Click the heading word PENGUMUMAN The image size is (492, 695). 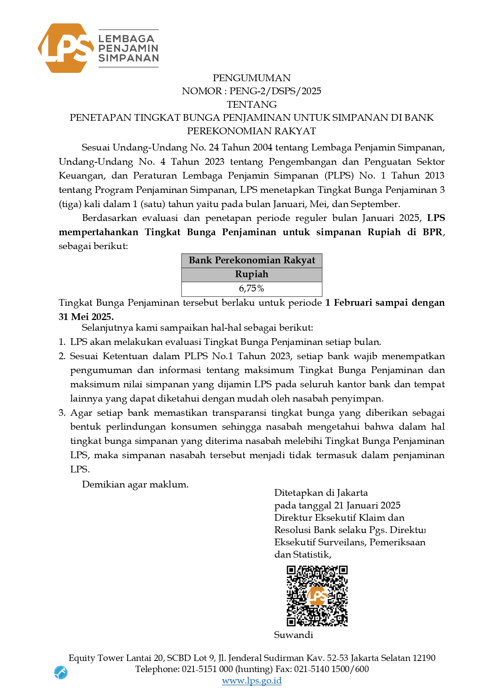click(x=252, y=78)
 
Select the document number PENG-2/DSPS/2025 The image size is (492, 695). click(x=275, y=91)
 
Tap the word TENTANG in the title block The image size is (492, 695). click(x=252, y=105)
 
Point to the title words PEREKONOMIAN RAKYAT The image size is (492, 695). click(x=252, y=131)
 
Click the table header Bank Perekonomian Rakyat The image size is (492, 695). click(x=252, y=260)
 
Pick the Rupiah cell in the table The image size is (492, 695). click(x=252, y=274)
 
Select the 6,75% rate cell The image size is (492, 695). click(x=252, y=289)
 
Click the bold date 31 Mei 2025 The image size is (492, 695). click(x=86, y=317)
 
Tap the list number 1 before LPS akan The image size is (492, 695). click(x=61, y=342)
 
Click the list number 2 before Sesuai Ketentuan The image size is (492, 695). click(x=61, y=356)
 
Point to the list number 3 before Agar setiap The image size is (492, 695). click(x=61, y=413)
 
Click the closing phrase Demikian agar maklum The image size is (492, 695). click(x=135, y=484)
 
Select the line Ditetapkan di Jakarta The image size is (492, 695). click(x=321, y=493)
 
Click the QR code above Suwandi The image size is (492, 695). click(x=317, y=596)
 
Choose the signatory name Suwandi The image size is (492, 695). click(x=293, y=635)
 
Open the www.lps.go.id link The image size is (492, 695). click(x=252, y=681)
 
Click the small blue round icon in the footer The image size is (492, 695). click(x=61, y=672)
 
